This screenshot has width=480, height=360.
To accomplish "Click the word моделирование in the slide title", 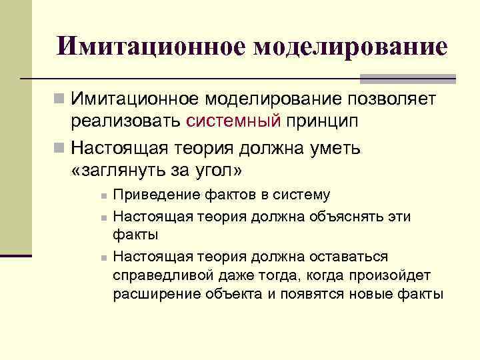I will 350,46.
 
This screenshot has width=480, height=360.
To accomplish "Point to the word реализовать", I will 125,121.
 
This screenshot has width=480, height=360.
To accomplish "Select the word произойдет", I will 394,275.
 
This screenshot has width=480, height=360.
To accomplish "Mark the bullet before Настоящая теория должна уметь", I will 59,147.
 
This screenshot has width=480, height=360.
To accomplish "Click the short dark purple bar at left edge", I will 16,255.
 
